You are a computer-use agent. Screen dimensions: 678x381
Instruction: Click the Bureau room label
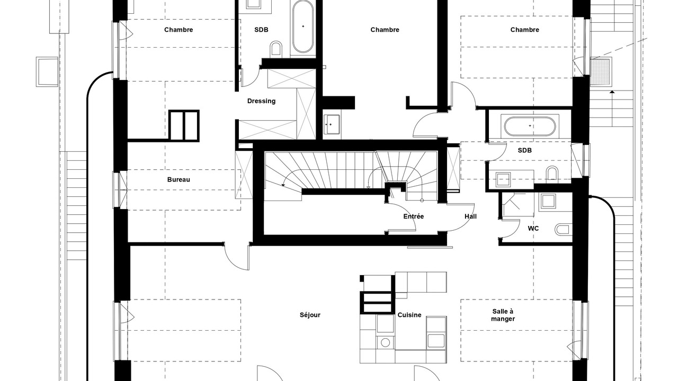click(179, 179)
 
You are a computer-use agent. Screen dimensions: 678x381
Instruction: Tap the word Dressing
click(261, 101)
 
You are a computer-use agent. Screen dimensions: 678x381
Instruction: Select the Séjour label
click(310, 315)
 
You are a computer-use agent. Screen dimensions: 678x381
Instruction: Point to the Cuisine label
click(409, 315)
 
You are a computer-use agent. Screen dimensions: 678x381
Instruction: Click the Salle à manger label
click(503, 315)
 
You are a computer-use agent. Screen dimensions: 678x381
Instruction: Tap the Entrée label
click(414, 216)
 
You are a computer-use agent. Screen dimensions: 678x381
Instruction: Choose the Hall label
click(470, 216)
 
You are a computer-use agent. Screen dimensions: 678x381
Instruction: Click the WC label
click(533, 228)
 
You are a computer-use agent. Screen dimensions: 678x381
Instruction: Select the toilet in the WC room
click(563, 230)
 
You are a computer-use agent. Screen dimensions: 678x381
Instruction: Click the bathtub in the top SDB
click(302, 26)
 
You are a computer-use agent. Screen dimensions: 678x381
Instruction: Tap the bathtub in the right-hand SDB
click(530, 126)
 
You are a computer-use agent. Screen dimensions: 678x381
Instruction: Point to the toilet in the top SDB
click(275, 49)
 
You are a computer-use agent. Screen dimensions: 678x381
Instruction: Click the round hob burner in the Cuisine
click(385, 342)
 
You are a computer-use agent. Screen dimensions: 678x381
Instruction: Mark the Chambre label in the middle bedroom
click(385, 30)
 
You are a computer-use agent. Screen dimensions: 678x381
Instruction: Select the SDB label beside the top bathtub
click(261, 30)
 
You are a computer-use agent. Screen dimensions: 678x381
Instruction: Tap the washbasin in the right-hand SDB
click(503, 179)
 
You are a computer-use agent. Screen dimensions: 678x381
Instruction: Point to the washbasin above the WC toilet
click(548, 202)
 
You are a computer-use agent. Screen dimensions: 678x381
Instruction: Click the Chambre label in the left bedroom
click(179, 30)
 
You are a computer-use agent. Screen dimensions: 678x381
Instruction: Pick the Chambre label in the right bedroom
click(524, 30)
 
